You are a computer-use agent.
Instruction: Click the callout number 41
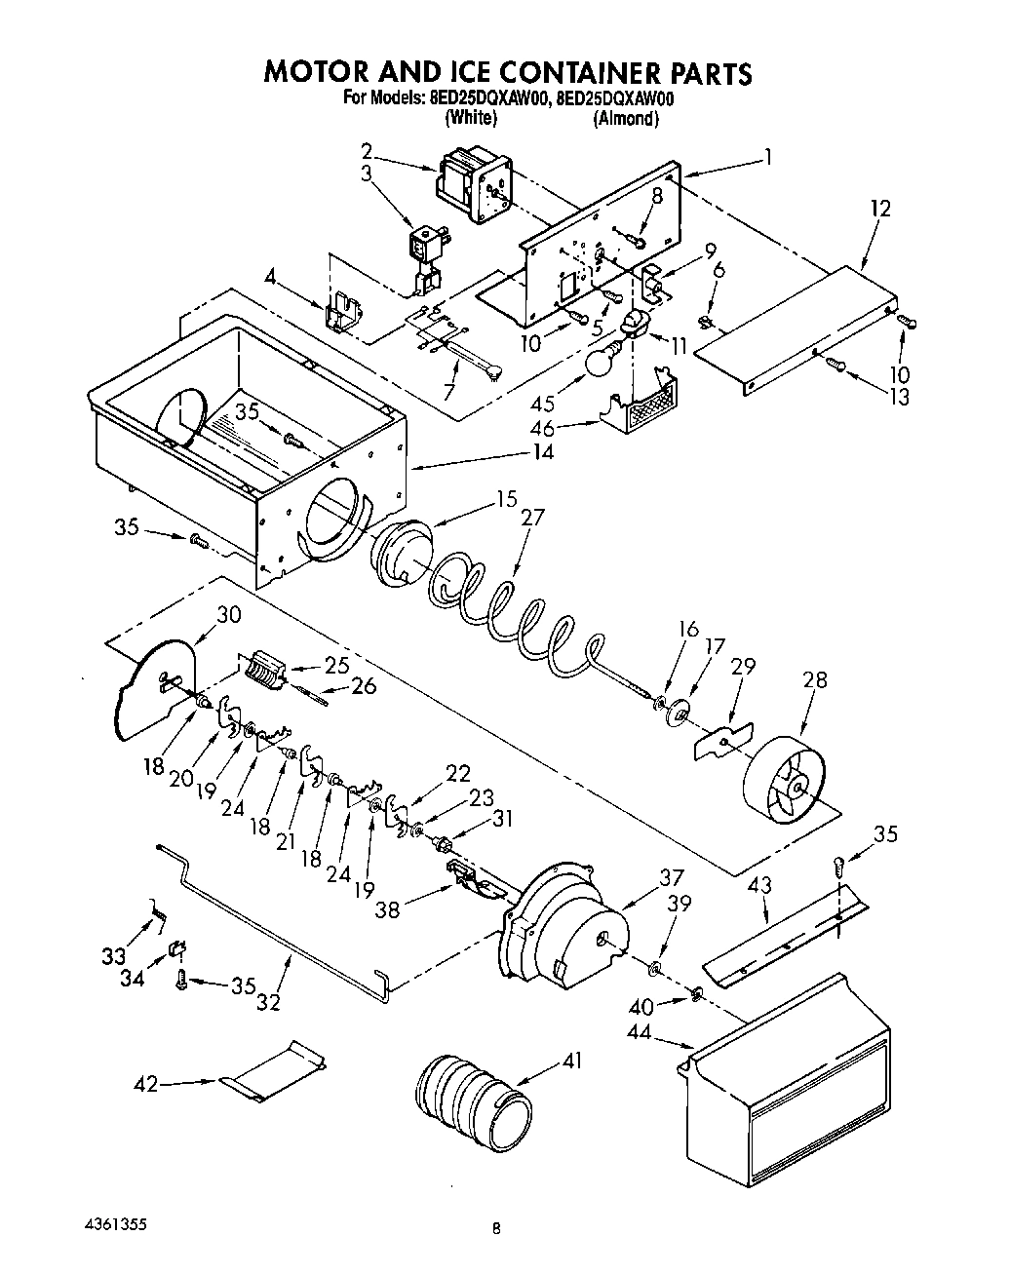[571, 1060]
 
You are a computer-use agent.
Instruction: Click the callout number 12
[880, 208]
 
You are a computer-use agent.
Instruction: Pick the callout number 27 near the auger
[533, 518]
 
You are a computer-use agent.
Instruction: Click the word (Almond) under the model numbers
[624, 118]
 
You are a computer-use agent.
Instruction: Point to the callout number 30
[228, 615]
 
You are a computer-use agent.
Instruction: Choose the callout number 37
[671, 877]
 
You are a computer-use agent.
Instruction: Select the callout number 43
[759, 885]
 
